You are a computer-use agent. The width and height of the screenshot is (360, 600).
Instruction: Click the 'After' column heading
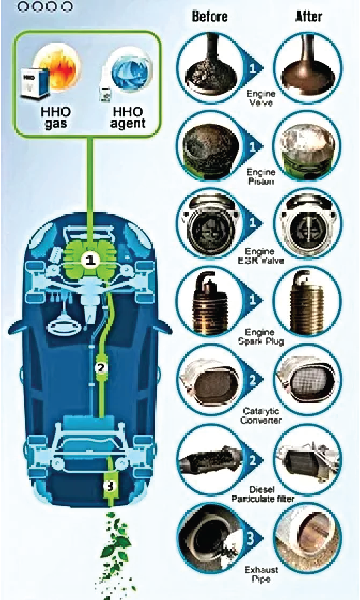click(x=309, y=16)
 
